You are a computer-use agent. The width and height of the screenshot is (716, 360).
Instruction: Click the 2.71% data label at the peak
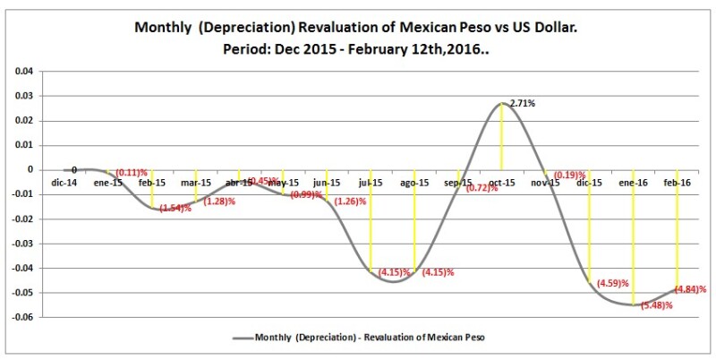coord(523,104)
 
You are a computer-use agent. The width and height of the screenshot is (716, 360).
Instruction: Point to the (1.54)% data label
coord(175,209)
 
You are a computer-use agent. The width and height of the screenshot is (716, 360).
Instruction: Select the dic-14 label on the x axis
coord(64,183)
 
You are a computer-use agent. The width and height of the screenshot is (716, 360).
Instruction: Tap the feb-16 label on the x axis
coord(676,183)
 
